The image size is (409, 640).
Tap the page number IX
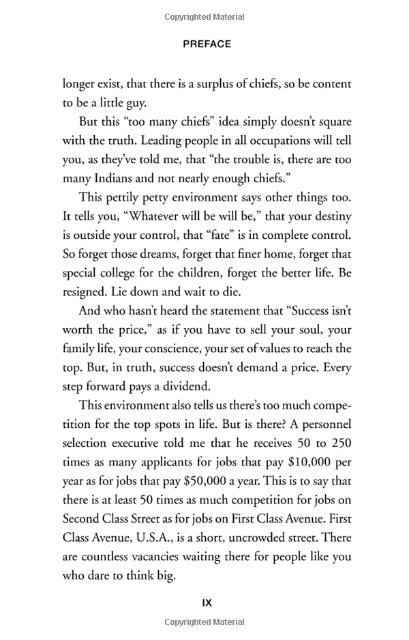tap(207, 602)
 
